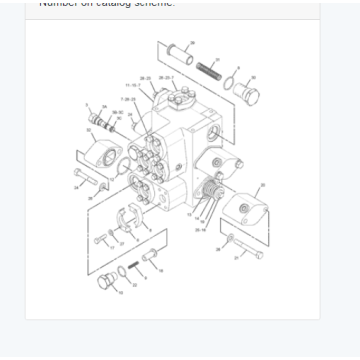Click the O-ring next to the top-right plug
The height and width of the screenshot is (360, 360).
click(x=231, y=85)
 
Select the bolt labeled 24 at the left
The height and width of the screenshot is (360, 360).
click(x=87, y=183)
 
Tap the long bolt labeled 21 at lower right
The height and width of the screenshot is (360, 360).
click(x=246, y=249)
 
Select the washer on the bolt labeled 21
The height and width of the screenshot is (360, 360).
click(x=230, y=238)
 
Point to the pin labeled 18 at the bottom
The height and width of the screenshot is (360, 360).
click(x=151, y=260)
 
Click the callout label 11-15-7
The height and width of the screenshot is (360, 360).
click(x=132, y=85)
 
